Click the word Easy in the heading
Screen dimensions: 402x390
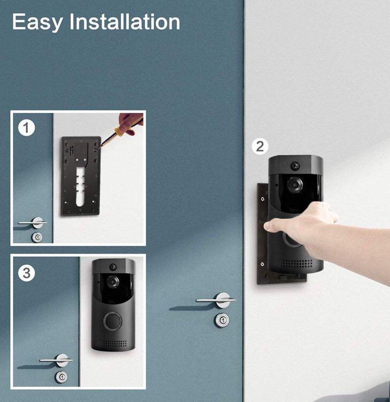[37, 23]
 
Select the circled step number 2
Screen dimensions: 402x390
[260, 146]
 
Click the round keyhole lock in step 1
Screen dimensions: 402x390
[37, 237]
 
